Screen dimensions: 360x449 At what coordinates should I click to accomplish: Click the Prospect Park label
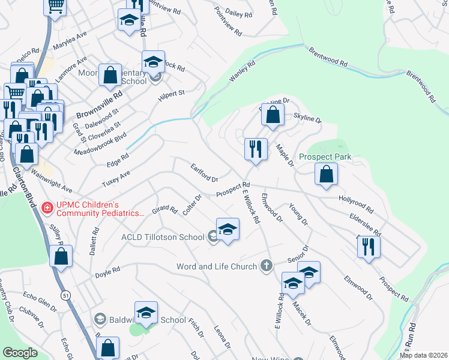[x=329, y=157]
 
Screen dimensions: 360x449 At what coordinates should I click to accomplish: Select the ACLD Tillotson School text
[x=162, y=237]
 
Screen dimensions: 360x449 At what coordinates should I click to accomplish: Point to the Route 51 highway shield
[x=65, y=295]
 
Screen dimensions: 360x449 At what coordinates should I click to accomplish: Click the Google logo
[x=20, y=353]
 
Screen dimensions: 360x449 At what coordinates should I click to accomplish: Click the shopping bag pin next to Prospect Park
[x=326, y=173]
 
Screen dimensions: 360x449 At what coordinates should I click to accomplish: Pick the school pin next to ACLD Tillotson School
[x=228, y=230]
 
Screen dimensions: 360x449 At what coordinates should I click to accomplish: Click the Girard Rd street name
[x=164, y=211]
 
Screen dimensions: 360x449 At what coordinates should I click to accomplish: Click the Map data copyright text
[x=423, y=355]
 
